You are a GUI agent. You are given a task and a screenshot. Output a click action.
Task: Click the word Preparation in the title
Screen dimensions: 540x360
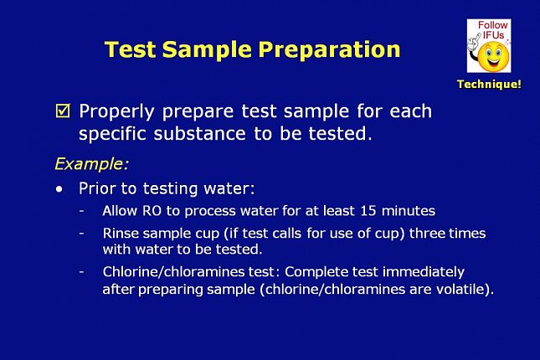(x=330, y=50)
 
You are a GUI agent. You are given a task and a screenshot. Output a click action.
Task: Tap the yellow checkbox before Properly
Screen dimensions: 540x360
(x=63, y=111)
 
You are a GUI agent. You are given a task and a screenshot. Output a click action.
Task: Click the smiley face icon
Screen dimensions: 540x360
(x=493, y=56)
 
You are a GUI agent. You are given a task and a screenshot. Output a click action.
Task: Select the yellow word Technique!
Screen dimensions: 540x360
(x=489, y=84)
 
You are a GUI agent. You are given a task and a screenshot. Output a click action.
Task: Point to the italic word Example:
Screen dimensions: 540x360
(x=91, y=163)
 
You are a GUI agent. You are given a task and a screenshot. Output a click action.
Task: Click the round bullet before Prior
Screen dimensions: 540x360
(x=59, y=189)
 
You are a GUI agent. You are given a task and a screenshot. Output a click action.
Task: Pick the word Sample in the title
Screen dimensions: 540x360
(x=207, y=50)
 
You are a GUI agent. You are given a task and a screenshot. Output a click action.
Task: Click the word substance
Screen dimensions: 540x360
(x=200, y=133)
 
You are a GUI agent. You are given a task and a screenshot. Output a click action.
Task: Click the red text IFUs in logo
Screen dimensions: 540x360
(x=493, y=35)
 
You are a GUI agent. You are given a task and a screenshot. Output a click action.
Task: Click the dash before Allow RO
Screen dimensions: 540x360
(x=81, y=210)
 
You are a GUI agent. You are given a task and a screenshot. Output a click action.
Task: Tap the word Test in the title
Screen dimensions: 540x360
(x=130, y=50)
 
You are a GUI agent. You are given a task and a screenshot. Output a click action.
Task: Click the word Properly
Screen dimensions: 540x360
(x=116, y=111)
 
